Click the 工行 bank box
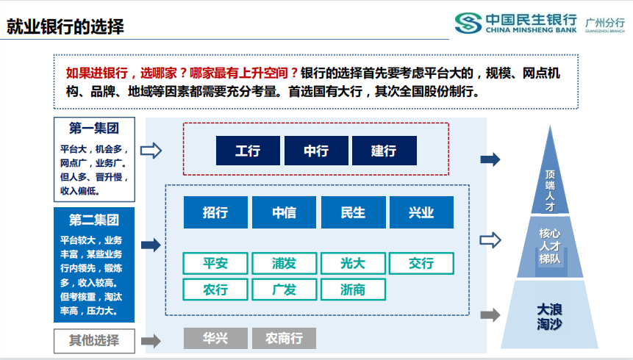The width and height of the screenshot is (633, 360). pos(248,151)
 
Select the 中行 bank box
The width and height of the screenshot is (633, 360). pos(316,151)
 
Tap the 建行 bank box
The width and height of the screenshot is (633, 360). pos(384,151)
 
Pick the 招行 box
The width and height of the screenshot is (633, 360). pos(215,212)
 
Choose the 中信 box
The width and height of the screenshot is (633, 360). pos(284,212)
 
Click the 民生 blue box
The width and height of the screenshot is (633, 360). pos(353,212)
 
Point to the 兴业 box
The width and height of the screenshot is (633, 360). pos(421,212)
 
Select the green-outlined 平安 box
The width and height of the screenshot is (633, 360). pos(215,263)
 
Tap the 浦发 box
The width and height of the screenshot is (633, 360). pos(284,263)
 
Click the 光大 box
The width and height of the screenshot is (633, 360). pos(353,263)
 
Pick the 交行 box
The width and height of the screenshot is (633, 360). pos(421,263)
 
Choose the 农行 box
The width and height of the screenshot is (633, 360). pos(215,289)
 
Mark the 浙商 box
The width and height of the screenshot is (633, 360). pos(353,289)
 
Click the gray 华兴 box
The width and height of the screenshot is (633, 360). pos(215,339)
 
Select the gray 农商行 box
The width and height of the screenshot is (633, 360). pos(284,339)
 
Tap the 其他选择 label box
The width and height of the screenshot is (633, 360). pos(93,340)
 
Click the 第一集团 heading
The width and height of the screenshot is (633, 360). pos(93,128)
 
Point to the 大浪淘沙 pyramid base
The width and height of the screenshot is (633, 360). pos(549,316)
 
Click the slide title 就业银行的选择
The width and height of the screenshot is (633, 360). pos(65,27)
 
